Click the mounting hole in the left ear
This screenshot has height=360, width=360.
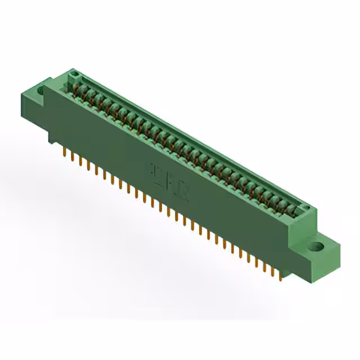40,90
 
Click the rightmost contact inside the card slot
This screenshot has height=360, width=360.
292,210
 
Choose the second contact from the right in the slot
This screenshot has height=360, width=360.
285,206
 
